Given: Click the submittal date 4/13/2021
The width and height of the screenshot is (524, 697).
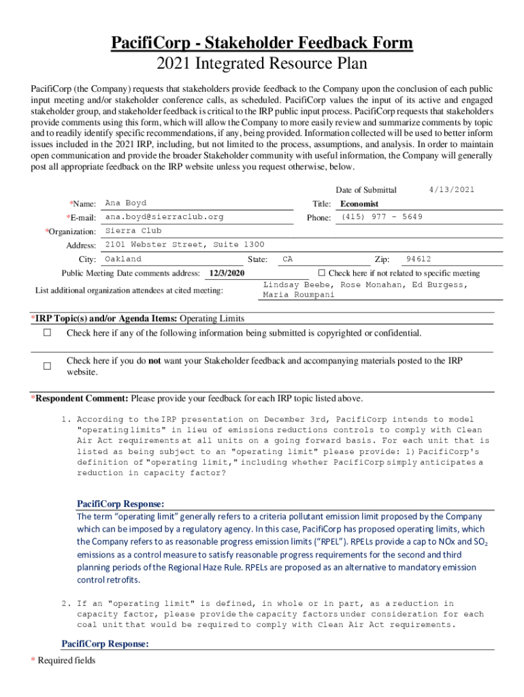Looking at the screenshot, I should (x=452, y=189).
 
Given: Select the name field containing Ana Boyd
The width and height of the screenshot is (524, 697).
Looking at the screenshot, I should (x=126, y=204).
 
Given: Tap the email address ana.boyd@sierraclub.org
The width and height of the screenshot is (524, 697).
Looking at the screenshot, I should (x=164, y=217).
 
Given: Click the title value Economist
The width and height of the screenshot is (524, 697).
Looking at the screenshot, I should (x=359, y=204).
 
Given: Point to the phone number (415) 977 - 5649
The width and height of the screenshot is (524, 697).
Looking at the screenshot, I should (x=382, y=217).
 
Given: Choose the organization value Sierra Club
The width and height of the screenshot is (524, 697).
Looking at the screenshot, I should (x=133, y=231).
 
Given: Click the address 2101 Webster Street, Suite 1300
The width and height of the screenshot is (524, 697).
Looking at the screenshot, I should (x=185, y=245).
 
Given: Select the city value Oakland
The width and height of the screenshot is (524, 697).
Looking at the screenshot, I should (x=123, y=259).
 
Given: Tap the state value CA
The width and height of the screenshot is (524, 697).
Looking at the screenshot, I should (x=288, y=259).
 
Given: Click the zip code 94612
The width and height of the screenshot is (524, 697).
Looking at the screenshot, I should (x=418, y=259).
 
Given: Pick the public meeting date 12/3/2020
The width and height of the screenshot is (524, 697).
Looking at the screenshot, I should (x=227, y=273).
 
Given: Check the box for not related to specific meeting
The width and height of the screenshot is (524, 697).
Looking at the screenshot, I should (x=323, y=273).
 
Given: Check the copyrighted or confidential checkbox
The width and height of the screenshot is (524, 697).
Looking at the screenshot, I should (x=48, y=334).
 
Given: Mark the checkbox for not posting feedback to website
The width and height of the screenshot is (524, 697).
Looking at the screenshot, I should (x=48, y=366).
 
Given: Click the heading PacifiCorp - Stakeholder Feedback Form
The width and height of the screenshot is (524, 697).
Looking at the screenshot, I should (x=262, y=44).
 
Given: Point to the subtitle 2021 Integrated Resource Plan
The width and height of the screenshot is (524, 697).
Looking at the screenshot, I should (x=262, y=65).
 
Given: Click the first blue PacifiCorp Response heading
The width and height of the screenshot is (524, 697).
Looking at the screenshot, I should (x=120, y=504).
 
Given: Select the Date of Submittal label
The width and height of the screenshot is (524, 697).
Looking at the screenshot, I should (x=366, y=190).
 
